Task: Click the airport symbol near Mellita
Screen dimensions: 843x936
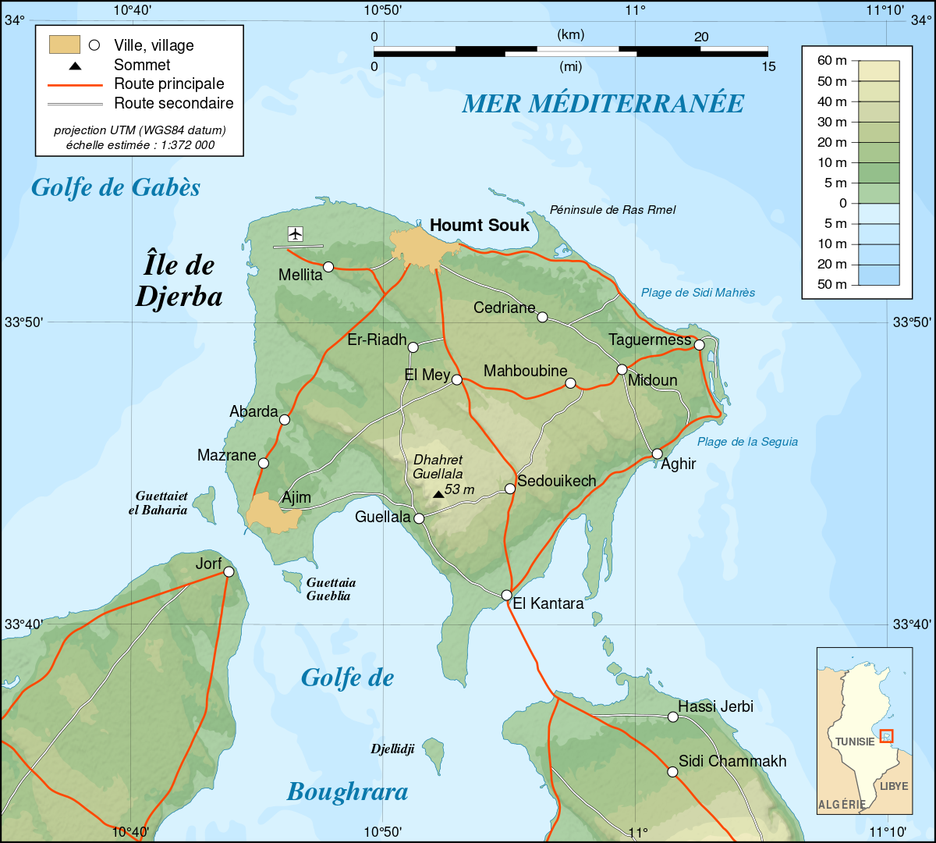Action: (x=295, y=233)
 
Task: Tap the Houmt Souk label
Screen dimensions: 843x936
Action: (x=479, y=226)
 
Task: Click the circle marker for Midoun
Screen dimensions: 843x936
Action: (x=622, y=369)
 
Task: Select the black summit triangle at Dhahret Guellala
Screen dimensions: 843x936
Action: (x=438, y=494)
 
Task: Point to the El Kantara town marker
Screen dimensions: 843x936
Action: (x=506, y=595)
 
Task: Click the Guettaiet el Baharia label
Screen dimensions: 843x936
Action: (x=161, y=503)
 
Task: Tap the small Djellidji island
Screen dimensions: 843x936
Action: (x=433, y=753)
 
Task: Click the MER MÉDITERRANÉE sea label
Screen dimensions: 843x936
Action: (x=603, y=103)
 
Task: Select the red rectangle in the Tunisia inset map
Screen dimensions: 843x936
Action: (x=886, y=735)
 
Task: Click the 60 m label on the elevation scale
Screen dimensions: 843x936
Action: (x=831, y=61)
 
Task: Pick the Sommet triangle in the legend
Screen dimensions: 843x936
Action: (x=75, y=66)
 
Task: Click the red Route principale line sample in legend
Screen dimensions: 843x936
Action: (x=75, y=84)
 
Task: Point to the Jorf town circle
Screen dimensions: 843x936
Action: (x=229, y=571)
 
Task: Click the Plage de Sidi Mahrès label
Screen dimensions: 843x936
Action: (x=698, y=293)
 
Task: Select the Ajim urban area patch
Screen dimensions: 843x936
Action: (x=269, y=512)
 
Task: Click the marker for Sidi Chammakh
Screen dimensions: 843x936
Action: (x=672, y=771)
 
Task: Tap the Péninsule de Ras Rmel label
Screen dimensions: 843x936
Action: (x=612, y=209)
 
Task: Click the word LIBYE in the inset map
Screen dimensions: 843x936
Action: (x=894, y=785)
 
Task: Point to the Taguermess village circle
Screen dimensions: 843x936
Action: (x=699, y=344)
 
